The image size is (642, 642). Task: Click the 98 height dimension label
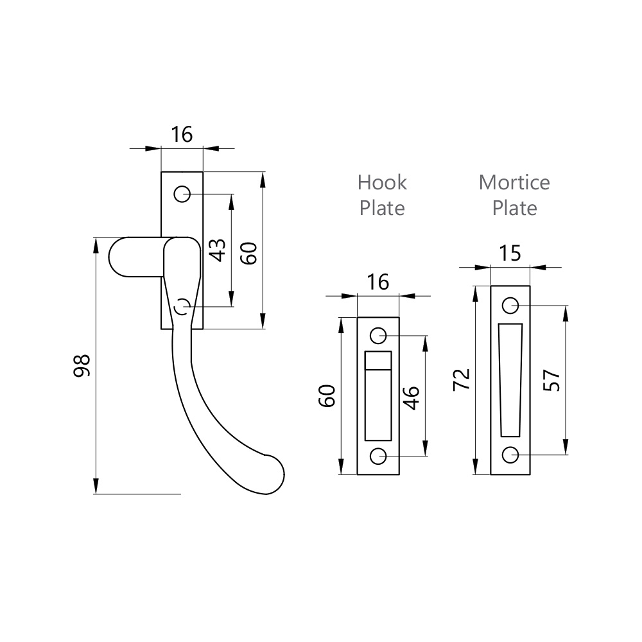click(x=82, y=365)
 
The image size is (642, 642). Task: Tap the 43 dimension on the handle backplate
click(x=218, y=250)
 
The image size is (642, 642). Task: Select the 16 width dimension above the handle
click(x=182, y=135)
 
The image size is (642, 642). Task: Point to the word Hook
click(x=382, y=182)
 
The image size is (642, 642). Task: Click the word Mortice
click(x=514, y=182)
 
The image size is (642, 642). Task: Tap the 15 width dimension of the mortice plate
click(x=510, y=254)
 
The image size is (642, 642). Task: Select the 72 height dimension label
click(x=462, y=379)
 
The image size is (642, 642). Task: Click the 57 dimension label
click(x=551, y=380)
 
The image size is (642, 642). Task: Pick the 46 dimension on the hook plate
click(x=412, y=397)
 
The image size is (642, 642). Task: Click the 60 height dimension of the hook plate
click(x=327, y=396)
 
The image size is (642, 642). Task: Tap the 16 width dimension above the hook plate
click(x=378, y=282)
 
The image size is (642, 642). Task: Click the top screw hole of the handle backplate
click(x=182, y=193)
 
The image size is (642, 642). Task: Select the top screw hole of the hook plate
click(x=378, y=335)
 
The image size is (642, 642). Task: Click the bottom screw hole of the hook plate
click(x=378, y=456)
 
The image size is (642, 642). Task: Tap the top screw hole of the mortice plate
click(x=510, y=306)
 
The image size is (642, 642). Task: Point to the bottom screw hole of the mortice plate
click(x=510, y=455)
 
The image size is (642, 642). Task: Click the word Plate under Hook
click(x=382, y=208)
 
